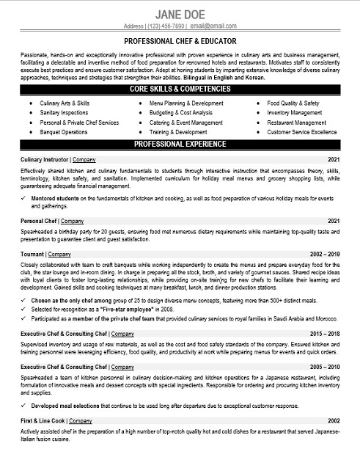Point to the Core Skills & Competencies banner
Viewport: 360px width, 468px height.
[180, 89]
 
